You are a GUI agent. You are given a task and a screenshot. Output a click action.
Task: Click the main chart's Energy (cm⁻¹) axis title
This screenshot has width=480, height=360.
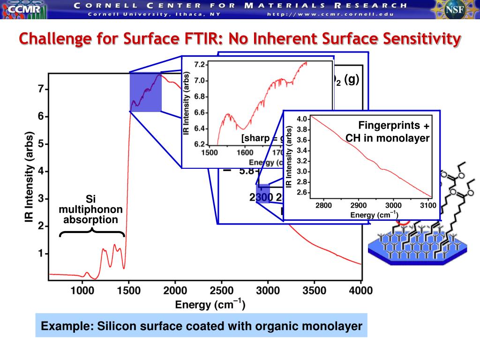(x=210, y=305)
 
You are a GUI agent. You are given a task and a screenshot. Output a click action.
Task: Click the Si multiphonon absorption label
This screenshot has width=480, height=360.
(x=91, y=210)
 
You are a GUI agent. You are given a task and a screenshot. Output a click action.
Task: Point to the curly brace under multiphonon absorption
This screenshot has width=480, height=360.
(x=92, y=231)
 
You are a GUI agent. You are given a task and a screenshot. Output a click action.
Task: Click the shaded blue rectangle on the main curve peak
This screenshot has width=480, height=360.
(x=145, y=92)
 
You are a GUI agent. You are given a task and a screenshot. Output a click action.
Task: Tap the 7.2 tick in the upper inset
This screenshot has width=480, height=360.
(x=201, y=65)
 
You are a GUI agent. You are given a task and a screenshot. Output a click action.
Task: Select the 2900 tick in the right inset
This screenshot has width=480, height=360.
(x=359, y=205)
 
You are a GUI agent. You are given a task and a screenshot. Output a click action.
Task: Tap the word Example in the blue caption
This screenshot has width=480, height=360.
(x=61, y=326)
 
